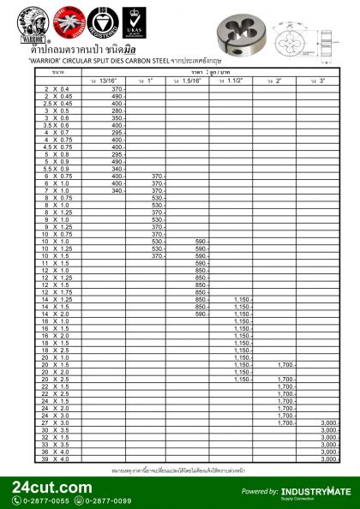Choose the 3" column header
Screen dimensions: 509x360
coord(321,81)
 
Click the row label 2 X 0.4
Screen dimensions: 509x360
coord(57,88)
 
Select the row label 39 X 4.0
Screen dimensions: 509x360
coord(57,459)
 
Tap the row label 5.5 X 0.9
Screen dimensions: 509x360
coord(57,168)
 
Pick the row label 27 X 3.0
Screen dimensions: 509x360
coord(57,423)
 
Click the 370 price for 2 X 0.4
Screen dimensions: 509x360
coord(117,88)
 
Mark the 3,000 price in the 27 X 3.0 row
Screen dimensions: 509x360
coord(328,423)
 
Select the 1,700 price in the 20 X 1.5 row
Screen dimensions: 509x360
coord(285,365)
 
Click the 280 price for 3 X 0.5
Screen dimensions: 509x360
coord(117,111)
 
